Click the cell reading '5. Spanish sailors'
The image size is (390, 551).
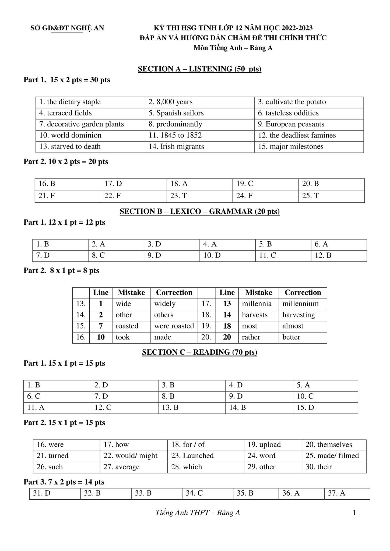176,113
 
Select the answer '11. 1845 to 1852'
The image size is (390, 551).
175,135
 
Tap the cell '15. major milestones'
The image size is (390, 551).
291,147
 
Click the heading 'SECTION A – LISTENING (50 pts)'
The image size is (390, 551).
199,69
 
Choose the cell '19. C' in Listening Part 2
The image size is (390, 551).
245,184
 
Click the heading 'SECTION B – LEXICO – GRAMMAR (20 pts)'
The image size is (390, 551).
199,211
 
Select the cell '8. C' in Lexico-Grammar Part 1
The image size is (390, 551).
98,255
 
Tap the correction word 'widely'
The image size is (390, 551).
165,304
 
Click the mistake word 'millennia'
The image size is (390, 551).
257,304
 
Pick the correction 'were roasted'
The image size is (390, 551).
174,326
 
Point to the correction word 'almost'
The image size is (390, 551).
293,326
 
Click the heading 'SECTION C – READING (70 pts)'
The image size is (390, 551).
199,352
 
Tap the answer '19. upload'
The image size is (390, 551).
264,445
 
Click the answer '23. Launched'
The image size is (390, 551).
192,456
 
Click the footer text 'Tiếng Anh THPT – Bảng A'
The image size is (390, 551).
198,513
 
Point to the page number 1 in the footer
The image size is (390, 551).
354,513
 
